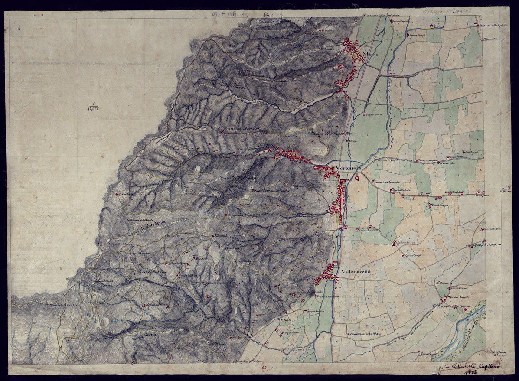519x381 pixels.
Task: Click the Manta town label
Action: pos(372,54)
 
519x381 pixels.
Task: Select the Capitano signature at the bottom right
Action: pos(488,366)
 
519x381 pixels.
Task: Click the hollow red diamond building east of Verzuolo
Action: pos(357,177)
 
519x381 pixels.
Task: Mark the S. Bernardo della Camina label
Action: pos(451,307)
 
